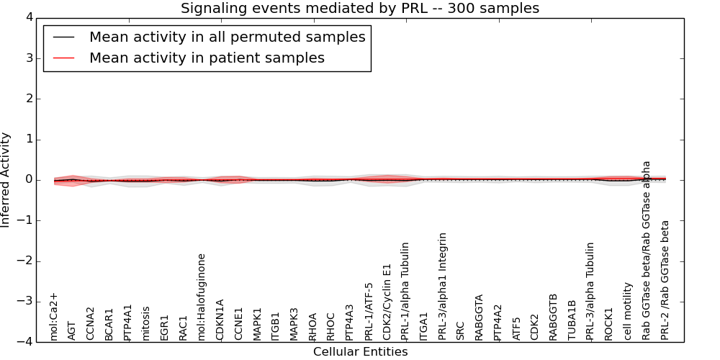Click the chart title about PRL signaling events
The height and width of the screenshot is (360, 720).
(359, 8)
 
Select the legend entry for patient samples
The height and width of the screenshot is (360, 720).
(207, 58)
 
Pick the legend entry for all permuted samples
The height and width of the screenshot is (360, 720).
(227, 37)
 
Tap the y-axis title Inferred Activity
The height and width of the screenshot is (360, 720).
(6, 179)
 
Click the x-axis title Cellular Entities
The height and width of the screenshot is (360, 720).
(360, 351)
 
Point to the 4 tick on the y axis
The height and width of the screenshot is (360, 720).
(33, 17)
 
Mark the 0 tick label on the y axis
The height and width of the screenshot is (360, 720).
(33, 180)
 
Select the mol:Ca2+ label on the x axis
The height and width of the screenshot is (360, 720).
(53, 316)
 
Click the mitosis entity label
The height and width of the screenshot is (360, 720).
(146, 323)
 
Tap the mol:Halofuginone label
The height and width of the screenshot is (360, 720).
(202, 297)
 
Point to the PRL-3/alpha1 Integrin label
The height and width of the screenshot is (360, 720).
(443, 286)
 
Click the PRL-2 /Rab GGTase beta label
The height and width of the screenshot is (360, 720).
(665, 280)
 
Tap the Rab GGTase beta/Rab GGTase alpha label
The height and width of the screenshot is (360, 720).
(647, 250)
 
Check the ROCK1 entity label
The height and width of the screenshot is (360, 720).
(609, 323)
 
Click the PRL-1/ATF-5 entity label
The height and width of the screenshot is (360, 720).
(369, 311)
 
